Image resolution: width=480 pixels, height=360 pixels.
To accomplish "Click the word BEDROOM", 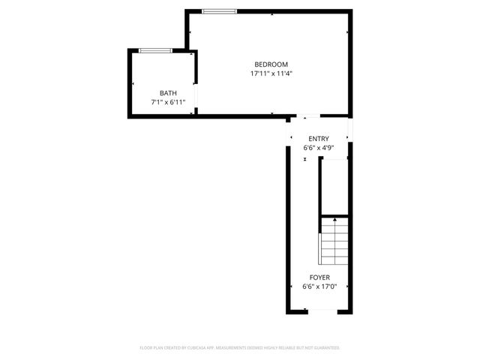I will [270, 64].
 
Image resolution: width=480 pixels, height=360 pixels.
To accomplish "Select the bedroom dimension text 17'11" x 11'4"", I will [270, 73].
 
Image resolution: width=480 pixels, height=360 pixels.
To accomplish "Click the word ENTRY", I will [319, 139].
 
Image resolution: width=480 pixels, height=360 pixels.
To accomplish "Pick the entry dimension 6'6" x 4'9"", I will [319, 148].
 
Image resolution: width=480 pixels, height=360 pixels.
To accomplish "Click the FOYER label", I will [319, 277].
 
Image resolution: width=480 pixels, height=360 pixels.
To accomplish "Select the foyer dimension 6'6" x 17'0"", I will [319, 286].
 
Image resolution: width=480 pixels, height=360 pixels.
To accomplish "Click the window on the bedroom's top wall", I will [219, 11].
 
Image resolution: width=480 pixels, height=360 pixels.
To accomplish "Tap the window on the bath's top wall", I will [156, 50].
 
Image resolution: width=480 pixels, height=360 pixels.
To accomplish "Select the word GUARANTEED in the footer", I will [322, 348].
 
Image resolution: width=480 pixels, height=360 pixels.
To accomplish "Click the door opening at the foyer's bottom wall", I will [319, 311].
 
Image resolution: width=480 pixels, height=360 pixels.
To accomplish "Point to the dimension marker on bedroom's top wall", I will [271, 13].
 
